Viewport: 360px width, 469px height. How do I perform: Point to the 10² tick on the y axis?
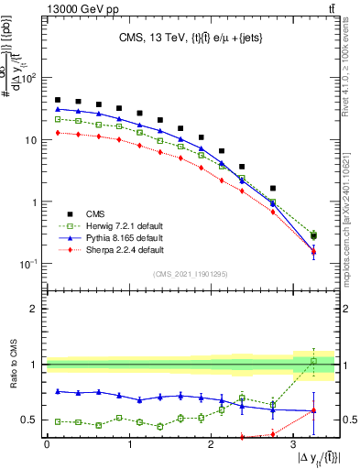click(28, 78)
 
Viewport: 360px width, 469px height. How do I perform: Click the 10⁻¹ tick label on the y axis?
click(27, 264)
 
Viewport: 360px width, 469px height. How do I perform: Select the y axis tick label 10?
click(29, 140)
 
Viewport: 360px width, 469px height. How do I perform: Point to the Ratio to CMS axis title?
click(13, 365)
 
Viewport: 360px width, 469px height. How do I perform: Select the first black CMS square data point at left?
click(58, 100)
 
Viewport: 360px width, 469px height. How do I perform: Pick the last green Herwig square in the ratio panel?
click(313, 361)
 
